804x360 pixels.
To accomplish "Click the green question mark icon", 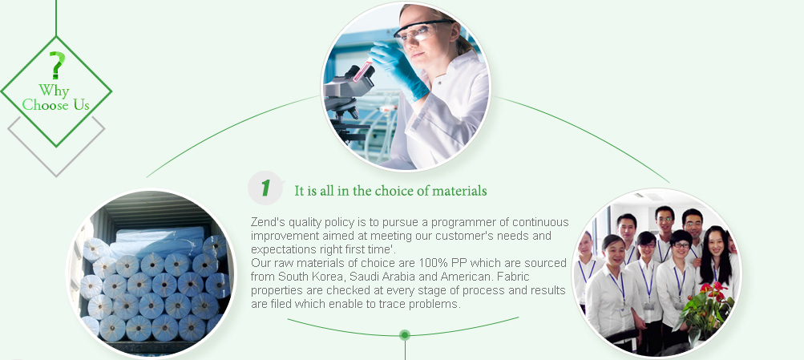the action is click(57, 65).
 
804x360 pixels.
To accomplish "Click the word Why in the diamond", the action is click(54, 91).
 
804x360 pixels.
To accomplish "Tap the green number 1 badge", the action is click(265, 188).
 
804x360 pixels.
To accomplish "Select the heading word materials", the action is click(459, 191).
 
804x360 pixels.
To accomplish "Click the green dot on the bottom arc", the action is click(405, 335).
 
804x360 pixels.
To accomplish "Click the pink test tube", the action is click(362, 71).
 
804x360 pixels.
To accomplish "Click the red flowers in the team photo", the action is click(715, 293).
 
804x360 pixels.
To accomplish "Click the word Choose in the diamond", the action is click(45, 105).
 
